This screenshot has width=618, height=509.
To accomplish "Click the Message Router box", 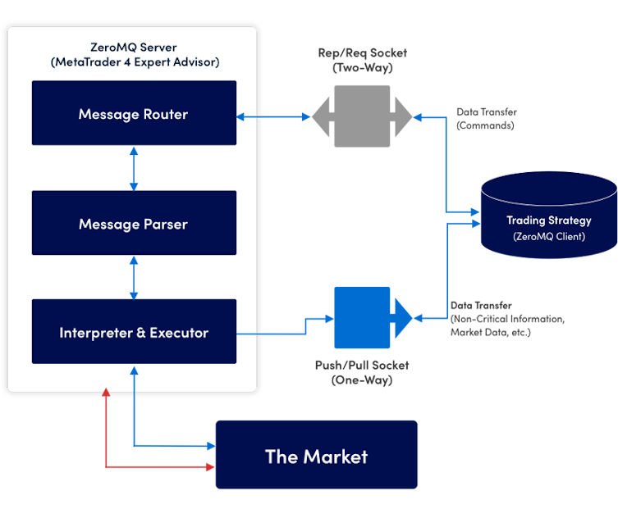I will point(134,113).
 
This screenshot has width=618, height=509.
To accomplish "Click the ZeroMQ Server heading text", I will point(132,48).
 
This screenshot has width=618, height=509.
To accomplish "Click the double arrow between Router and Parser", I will point(133,168).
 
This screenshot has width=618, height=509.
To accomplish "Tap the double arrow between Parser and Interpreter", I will point(133,277).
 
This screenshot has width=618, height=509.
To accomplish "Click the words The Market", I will point(316,457).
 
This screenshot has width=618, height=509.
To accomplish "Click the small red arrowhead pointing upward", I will point(106,394).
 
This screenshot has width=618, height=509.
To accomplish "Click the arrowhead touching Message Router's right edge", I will point(241,116).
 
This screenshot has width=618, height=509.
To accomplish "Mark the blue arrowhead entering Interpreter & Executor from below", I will point(133,369).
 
